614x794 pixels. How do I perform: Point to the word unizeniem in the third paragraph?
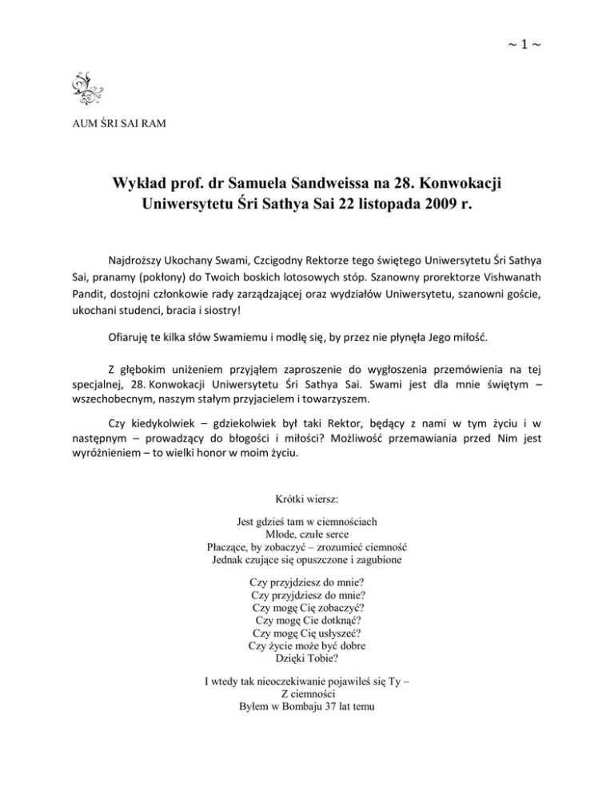[x=204, y=370]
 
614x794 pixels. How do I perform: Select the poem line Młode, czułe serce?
[x=307, y=534]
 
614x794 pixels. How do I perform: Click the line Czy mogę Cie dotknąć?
[x=307, y=619]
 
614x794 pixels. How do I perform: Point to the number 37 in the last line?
[x=334, y=707]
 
